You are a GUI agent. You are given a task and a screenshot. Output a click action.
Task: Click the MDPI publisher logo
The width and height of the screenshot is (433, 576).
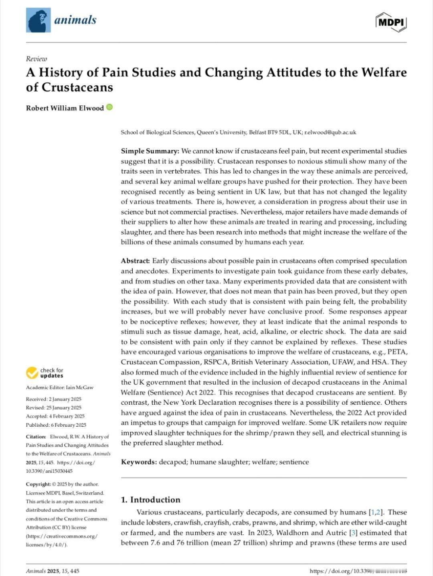391,22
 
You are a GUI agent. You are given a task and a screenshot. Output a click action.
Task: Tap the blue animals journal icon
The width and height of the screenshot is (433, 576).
38,20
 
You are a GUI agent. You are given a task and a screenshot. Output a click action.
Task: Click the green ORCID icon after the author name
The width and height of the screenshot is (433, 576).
109,107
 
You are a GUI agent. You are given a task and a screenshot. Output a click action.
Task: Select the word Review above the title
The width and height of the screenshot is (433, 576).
36,59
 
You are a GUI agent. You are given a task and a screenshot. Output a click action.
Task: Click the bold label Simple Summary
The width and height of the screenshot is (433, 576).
150,151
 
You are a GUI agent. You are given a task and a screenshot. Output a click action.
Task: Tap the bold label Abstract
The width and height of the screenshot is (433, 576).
136,261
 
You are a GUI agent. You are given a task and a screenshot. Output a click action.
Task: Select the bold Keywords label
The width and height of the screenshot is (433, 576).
139,462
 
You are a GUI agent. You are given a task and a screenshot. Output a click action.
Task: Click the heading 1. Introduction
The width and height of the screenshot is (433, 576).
151,500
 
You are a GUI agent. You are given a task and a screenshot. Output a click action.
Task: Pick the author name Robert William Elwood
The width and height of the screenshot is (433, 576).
65,108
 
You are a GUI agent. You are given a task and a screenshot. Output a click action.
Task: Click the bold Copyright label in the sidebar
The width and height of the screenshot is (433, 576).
38,484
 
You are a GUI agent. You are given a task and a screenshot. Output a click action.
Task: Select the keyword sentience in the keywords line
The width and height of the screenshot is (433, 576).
294,462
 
